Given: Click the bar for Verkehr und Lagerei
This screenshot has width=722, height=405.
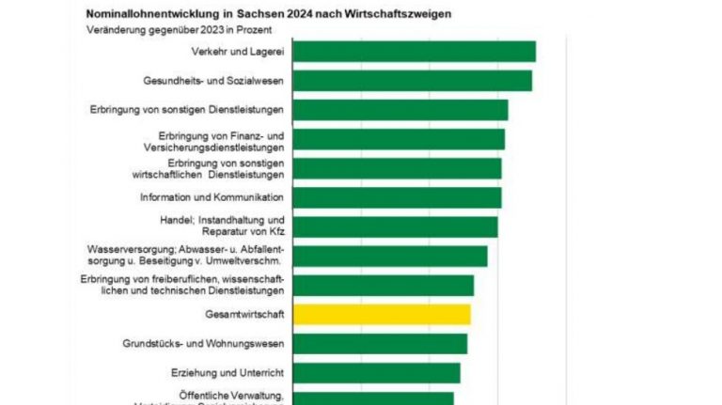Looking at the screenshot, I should tap(414, 51).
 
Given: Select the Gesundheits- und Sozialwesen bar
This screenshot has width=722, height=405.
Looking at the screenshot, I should tap(412, 80).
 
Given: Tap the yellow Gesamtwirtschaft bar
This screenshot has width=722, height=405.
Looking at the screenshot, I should tap(382, 314).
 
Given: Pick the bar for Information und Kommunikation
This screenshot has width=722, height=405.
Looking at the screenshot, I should tap(397, 197).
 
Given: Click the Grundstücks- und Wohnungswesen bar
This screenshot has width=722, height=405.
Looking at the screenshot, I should tap(380, 343).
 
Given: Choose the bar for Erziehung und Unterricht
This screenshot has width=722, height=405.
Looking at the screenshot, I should tap(376, 372).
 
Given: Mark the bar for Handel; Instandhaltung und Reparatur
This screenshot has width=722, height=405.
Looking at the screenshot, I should tap(395, 226).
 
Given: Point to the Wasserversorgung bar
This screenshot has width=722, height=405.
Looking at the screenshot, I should tap(390, 256).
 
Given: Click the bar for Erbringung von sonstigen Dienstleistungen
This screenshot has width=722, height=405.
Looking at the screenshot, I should tap(400, 110).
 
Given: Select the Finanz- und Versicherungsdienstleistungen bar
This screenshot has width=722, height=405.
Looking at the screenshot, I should tap(399, 139).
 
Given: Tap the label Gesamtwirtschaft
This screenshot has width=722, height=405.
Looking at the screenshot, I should tap(243, 314).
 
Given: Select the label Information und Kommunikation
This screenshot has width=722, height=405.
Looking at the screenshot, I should tap(212, 197).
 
